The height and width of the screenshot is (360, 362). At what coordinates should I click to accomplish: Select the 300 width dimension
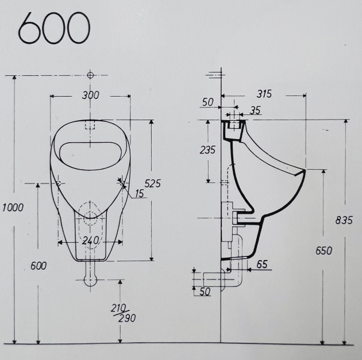point(90,95)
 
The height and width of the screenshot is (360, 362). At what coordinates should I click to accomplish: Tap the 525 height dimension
point(152,183)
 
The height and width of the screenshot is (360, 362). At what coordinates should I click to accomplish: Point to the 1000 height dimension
point(12,208)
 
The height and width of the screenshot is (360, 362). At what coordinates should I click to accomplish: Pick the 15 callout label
point(140,194)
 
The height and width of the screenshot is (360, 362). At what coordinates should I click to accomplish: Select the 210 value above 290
point(119,309)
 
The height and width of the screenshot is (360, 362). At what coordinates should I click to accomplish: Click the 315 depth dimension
point(264,94)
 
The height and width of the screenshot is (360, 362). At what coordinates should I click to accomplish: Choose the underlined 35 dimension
point(255,109)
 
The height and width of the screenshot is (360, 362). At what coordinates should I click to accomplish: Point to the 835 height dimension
point(343,220)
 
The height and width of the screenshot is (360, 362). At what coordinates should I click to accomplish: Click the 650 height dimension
point(324,251)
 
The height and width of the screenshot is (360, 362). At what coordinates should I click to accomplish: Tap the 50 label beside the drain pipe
point(205,292)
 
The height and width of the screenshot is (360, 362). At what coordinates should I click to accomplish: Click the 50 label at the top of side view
point(207,102)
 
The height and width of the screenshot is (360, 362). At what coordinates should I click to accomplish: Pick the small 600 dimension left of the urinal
point(39,266)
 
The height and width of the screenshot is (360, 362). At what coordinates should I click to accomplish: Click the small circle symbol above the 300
point(90,75)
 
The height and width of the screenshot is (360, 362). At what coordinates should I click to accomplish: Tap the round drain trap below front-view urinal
point(90,279)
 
